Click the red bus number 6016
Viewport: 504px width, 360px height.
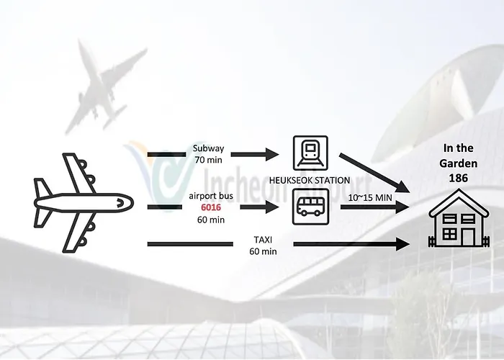(x=211, y=207)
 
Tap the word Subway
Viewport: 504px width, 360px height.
(x=208, y=148)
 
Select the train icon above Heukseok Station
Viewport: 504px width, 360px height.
(x=310, y=153)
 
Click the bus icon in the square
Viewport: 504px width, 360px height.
(x=310, y=207)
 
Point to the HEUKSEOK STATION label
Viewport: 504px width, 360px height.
(x=309, y=180)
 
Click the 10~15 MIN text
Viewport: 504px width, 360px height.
(x=370, y=198)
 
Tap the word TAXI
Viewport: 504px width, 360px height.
(x=263, y=240)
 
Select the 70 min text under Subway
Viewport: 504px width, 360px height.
(x=208, y=160)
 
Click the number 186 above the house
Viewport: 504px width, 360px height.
(x=459, y=178)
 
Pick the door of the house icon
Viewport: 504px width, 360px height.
(x=468, y=237)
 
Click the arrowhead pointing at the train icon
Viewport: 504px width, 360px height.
(x=272, y=154)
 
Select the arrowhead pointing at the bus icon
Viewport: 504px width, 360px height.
(x=273, y=207)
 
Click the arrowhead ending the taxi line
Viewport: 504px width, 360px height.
(x=403, y=244)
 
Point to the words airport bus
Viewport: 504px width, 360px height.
(x=211, y=196)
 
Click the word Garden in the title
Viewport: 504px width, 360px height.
(x=459, y=163)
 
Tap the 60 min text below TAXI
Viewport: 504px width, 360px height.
(x=263, y=251)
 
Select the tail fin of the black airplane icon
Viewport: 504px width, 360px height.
(x=42, y=188)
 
